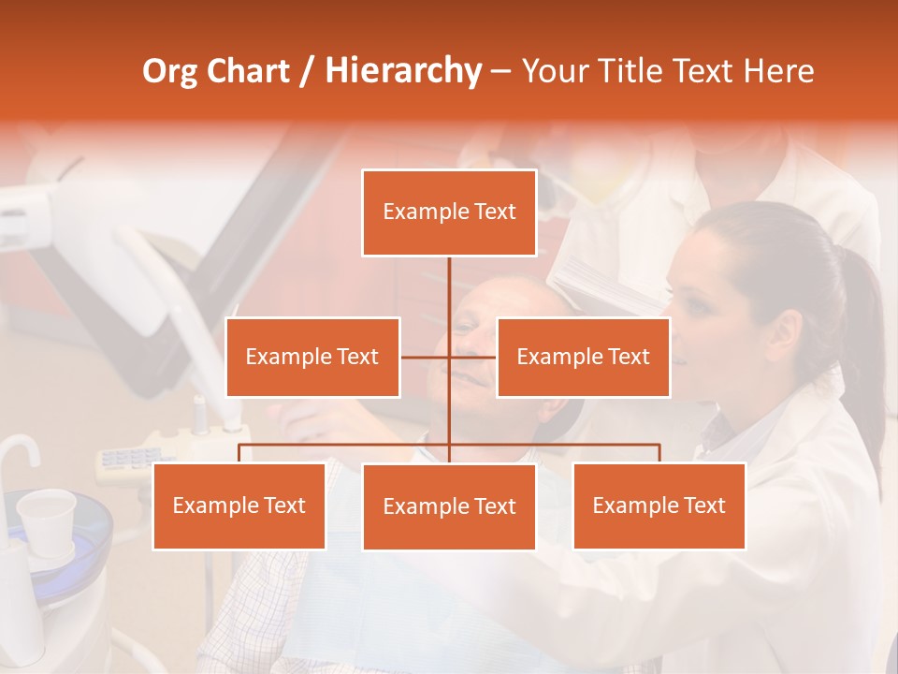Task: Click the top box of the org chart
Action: [x=449, y=212]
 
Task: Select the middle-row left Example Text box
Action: [x=312, y=357]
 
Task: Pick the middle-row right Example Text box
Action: [x=583, y=357]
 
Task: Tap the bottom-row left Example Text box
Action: [x=239, y=505]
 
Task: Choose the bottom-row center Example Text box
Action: [x=449, y=506]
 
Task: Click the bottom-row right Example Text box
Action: [x=659, y=505]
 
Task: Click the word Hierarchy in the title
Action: [x=403, y=71]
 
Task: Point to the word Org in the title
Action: [x=170, y=71]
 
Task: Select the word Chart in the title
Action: [x=248, y=71]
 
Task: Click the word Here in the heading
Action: [x=778, y=71]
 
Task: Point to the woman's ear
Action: [x=787, y=333]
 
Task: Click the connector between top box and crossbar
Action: [x=449, y=304]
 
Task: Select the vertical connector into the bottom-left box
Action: [x=239, y=453]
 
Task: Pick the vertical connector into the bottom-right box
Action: [x=659, y=453]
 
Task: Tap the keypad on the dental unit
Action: [x=131, y=458]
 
